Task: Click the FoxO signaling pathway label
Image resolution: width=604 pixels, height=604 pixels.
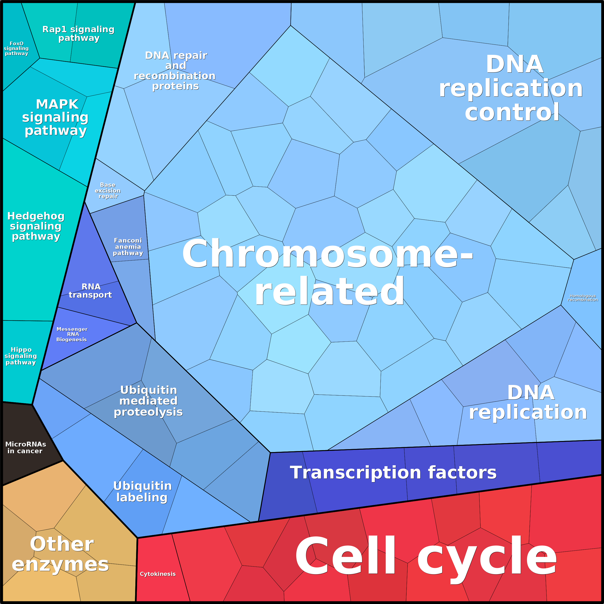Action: (x=16, y=49)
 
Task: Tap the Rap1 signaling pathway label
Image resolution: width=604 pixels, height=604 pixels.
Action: (x=78, y=33)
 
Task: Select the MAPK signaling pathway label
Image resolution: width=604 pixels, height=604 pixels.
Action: (x=56, y=117)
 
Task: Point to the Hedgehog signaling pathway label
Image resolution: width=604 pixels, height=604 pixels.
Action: (x=36, y=226)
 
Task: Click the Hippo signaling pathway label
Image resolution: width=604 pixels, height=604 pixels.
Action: (x=21, y=356)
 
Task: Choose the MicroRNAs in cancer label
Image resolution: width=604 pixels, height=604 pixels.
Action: (x=26, y=447)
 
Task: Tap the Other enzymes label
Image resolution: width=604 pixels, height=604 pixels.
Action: (x=61, y=554)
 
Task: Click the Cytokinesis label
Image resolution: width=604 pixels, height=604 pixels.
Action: (x=157, y=574)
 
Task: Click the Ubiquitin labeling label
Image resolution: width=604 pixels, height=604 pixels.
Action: (x=142, y=491)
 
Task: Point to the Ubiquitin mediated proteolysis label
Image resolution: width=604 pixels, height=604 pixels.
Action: (x=148, y=401)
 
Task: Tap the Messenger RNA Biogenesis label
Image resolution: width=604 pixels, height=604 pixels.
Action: (x=72, y=334)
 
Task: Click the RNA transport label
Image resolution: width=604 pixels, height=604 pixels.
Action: (x=90, y=291)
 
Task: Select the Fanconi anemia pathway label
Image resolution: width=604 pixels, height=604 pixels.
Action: (x=128, y=247)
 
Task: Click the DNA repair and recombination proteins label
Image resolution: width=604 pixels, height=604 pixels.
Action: (x=175, y=71)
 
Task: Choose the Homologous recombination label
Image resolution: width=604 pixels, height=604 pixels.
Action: (x=583, y=298)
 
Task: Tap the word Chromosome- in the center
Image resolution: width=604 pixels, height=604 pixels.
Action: (x=328, y=253)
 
